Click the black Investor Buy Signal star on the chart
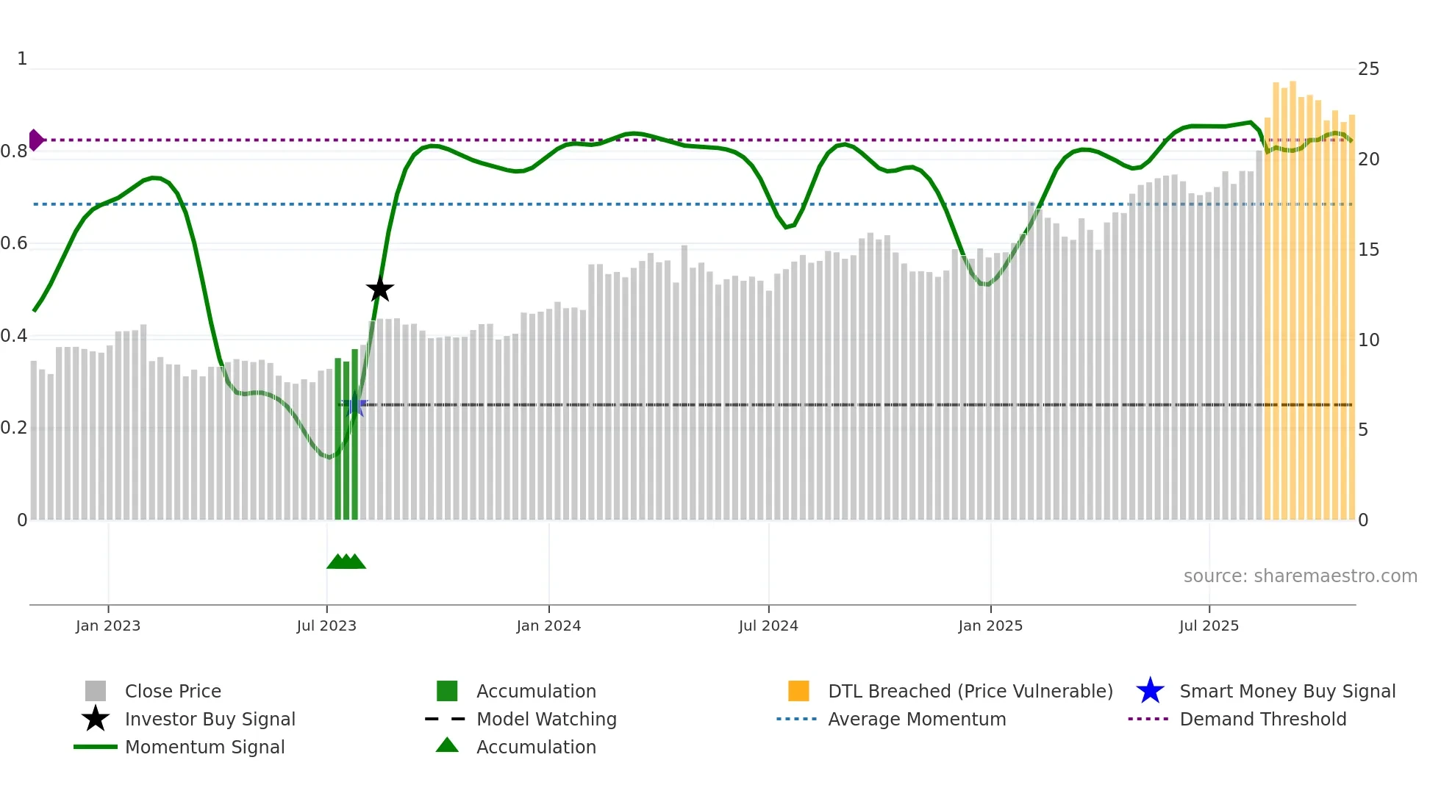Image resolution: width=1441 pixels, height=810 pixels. [x=380, y=290]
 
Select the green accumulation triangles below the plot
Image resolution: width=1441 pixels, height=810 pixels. [x=346, y=562]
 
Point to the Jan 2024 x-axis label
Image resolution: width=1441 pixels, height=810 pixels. [x=548, y=626]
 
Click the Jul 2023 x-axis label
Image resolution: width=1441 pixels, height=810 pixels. [x=326, y=626]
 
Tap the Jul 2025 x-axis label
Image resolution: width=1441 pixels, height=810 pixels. [x=1209, y=626]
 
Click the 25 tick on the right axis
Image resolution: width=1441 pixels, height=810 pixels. [x=1368, y=69]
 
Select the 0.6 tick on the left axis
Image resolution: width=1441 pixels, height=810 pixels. [x=14, y=243]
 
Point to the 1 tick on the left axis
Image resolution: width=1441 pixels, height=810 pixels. [x=22, y=59]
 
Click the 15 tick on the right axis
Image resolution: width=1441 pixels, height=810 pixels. [x=1368, y=250]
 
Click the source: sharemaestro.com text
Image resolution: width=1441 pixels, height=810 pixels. [x=1300, y=576]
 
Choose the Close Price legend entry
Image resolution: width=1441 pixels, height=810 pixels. [x=173, y=691]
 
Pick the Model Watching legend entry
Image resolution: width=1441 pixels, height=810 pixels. [x=546, y=719]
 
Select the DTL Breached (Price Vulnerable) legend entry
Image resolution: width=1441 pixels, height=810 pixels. [x=970, y=691]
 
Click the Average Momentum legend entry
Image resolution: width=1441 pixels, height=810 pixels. [x=916, y=719]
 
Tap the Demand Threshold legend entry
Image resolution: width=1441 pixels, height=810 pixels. [x=1262, y=719]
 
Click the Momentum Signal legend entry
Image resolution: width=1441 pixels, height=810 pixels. [x=204, y=747]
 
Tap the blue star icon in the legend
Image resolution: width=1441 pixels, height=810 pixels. [x=1150, y=691]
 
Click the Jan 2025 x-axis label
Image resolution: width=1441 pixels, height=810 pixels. [x=990, y=626]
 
